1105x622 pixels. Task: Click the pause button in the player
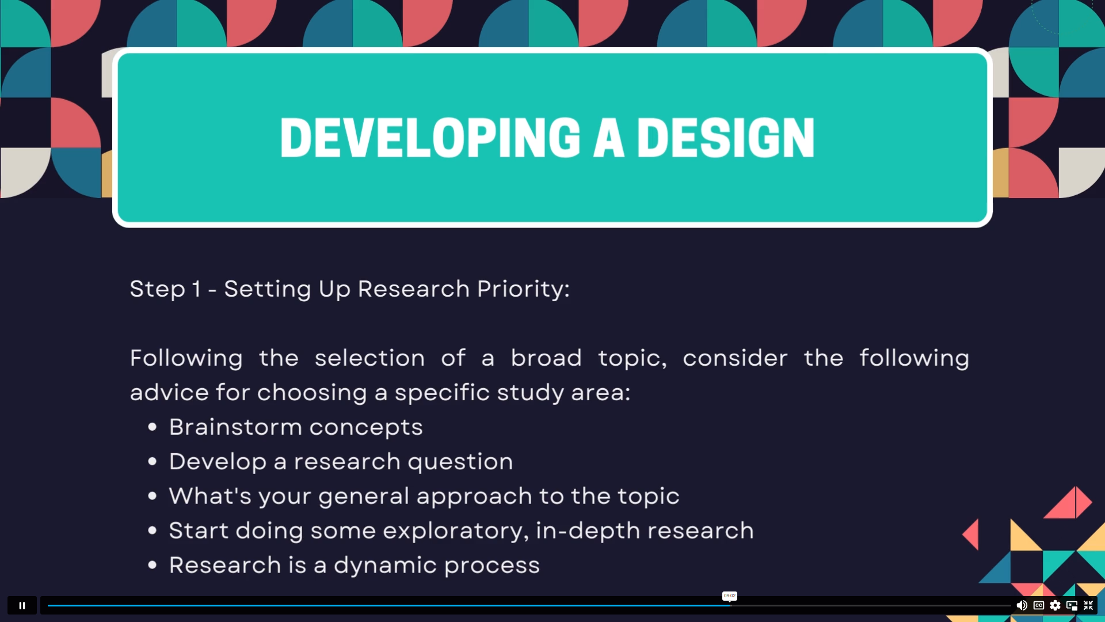coord(22,605)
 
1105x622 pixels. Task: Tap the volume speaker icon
coord(1022,605)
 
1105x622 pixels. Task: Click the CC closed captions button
coord(1039,605)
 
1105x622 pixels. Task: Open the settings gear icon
coord(1055,605)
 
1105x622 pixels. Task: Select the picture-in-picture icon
coord(1072,605)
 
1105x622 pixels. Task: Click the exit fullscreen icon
coord(1088,605)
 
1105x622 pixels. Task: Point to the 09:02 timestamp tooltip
coord(729,596)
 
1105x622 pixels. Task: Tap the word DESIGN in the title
coord(726,138)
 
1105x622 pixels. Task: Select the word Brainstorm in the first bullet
coord(235,427)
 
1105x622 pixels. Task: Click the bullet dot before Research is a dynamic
coord(153,565)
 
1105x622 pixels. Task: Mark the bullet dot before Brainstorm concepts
coord(153,427)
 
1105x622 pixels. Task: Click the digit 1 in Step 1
coord(196,289)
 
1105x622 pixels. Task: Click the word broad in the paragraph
coord(546,358)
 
